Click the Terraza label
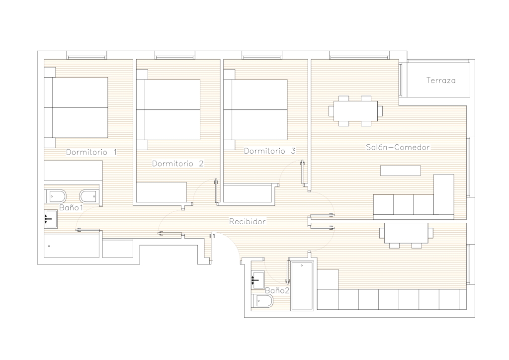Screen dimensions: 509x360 (x=441, y=80)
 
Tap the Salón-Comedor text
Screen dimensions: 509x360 (x=398, y=147)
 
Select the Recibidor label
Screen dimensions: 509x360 (x=248, y=221)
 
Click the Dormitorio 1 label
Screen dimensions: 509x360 (x=91, y=152)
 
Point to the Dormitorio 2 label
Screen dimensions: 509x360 (x=178, y=163)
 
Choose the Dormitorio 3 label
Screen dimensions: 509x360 (x=270, y=151)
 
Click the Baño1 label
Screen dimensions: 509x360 (x=71, y=207)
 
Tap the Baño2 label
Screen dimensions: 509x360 (x=277, y=290)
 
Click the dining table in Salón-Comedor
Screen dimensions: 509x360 (x=355, y=111)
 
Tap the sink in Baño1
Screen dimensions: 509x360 (x=51, y=219)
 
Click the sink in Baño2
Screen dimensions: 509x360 (x=258, y=280)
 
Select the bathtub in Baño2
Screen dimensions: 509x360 (x=302, y=285)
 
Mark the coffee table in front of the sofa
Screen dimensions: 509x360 (x=401, y=171)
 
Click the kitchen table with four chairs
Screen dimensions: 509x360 (x=406, y=233)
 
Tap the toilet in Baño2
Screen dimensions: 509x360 (x=262, y=301)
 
